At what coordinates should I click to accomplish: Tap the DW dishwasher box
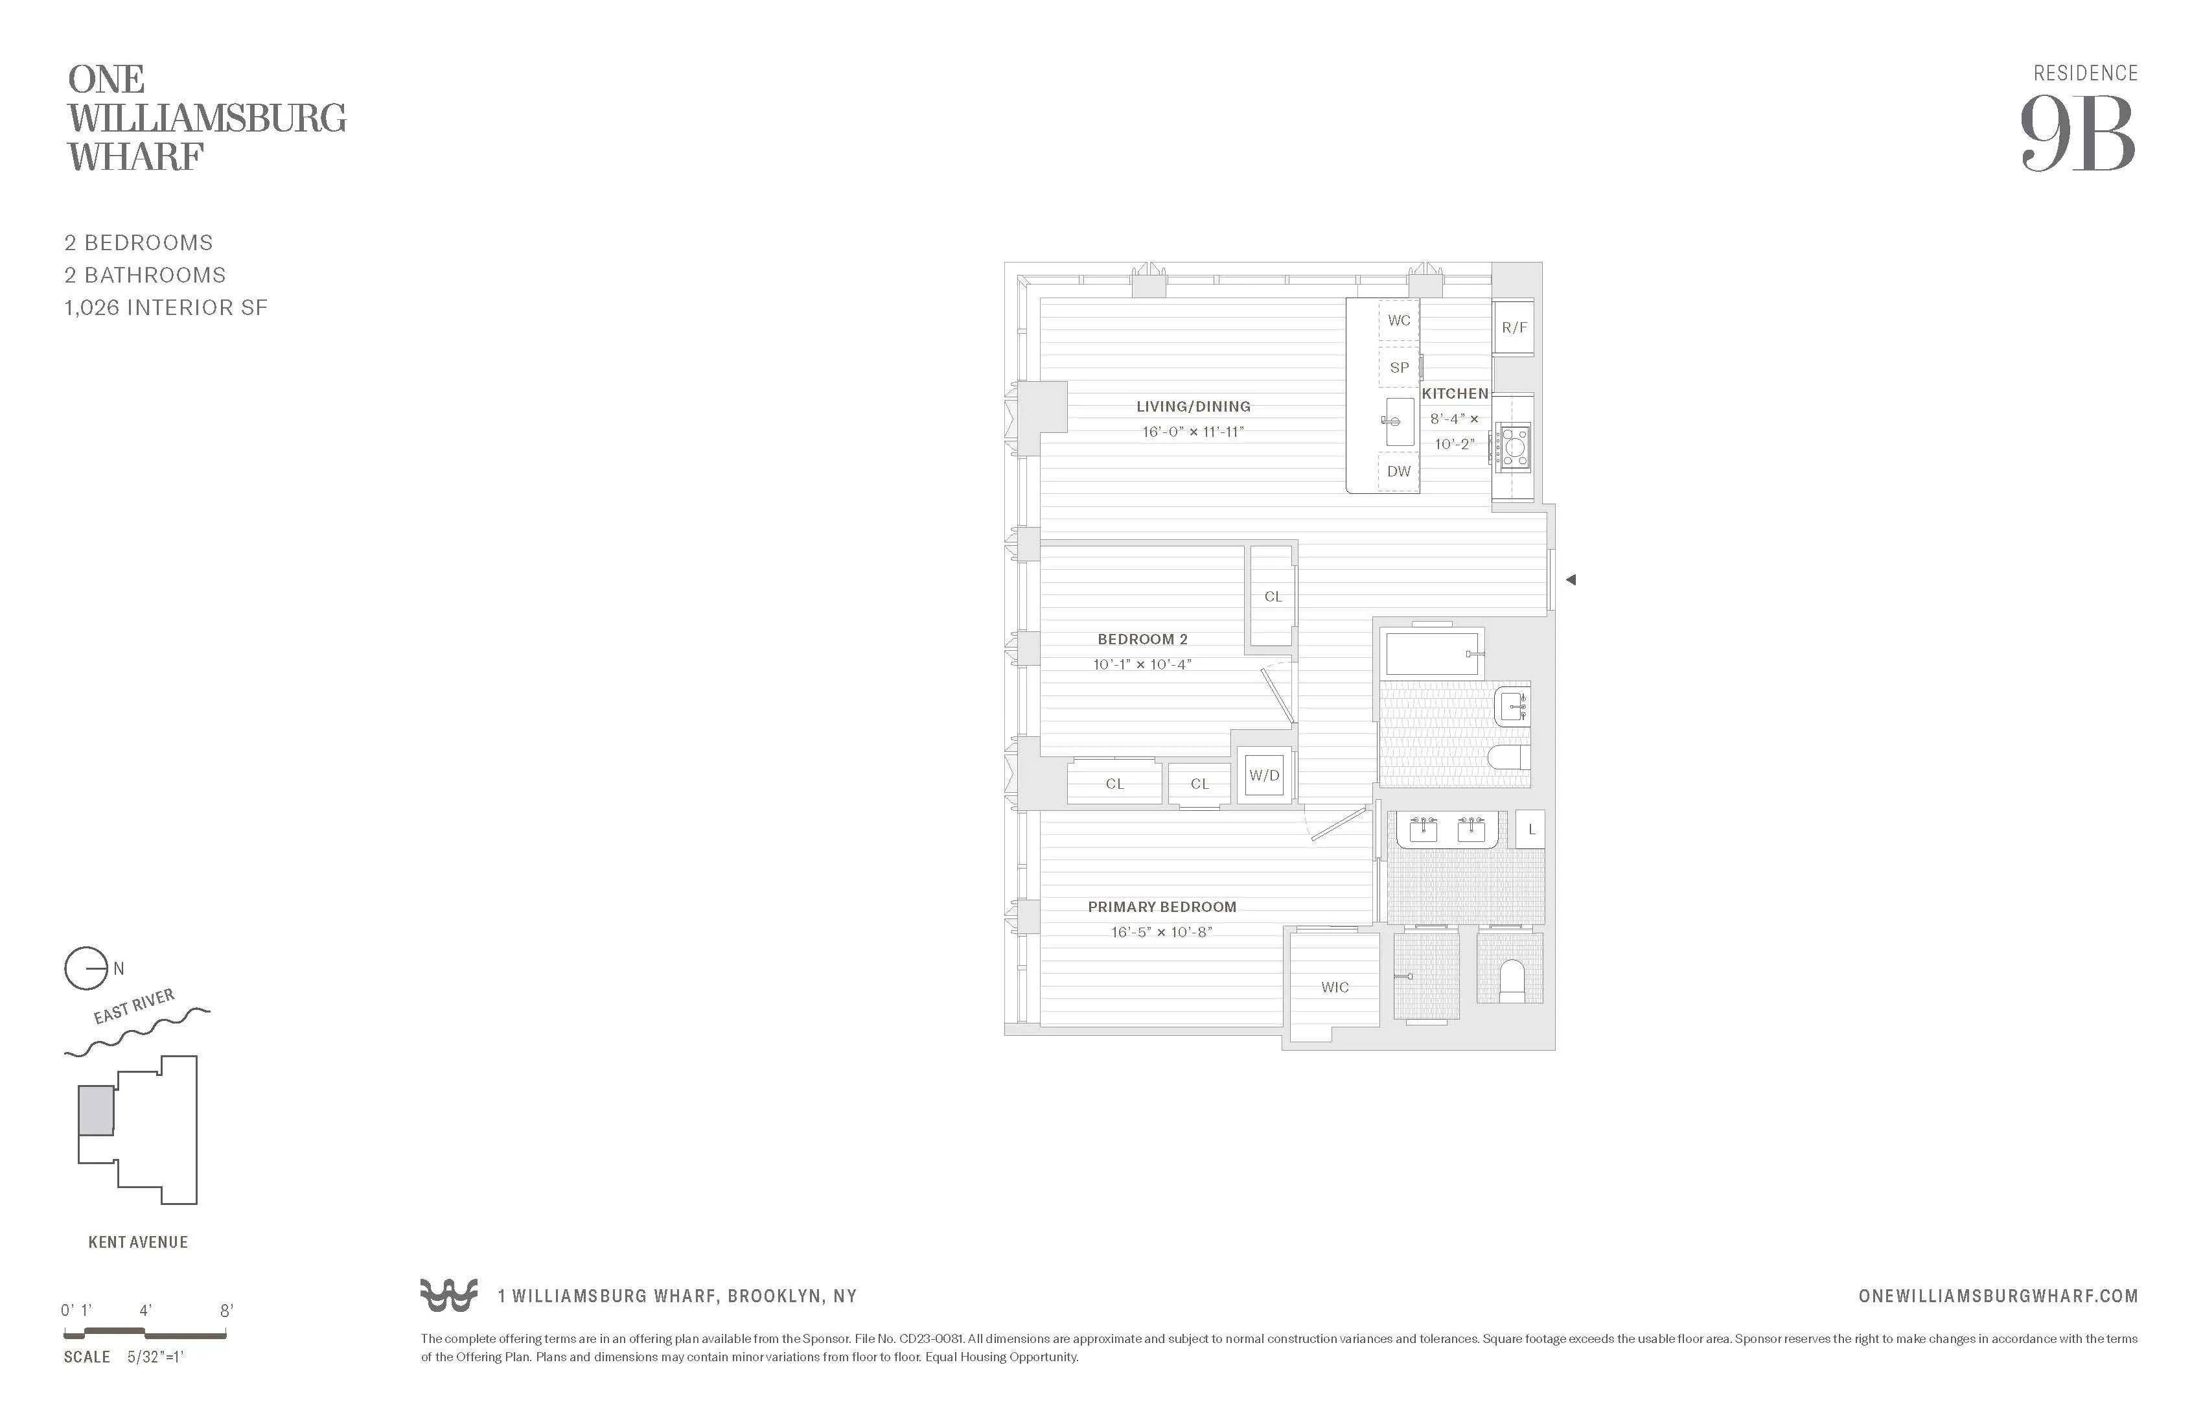1399,471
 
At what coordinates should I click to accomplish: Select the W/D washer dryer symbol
1264,775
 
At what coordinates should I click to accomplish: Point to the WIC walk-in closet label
1335,987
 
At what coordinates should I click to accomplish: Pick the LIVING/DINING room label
1193,406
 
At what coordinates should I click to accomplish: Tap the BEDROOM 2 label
1142,639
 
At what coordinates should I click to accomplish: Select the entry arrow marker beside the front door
1571,579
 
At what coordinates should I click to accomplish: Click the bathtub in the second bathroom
1431,654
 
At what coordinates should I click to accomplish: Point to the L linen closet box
1531,830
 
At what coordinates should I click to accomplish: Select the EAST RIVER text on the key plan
134,1007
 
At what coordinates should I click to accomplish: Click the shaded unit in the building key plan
95,1110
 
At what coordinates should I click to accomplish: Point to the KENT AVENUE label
138,1243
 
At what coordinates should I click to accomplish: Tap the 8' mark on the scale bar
226,1310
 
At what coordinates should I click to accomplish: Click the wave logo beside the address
449,1296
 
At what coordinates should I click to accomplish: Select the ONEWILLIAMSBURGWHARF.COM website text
1998,1296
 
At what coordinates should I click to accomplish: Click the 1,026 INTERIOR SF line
166,307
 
